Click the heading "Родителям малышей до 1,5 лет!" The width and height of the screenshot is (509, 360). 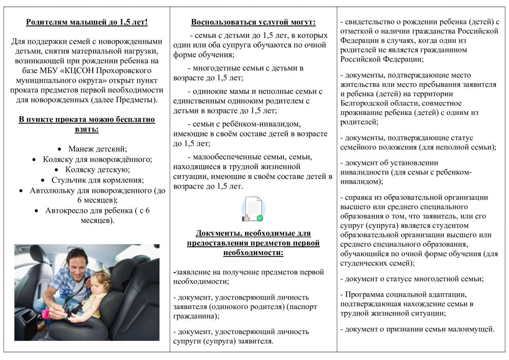click(87, 22)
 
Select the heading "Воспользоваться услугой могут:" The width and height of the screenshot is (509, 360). click(253, 22)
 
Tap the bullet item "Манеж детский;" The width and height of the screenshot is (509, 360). click(97, 149)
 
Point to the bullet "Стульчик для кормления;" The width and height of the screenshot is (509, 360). click(97, 180)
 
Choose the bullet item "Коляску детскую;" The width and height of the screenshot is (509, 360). click(97, 170)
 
